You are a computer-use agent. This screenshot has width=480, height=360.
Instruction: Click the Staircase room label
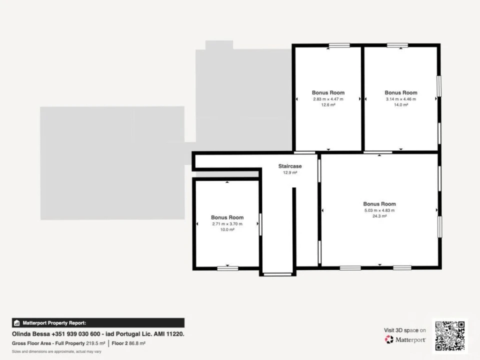[290, 166]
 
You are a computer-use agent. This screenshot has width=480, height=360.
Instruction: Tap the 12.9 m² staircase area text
[290, 172]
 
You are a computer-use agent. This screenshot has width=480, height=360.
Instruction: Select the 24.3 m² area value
[379, 216]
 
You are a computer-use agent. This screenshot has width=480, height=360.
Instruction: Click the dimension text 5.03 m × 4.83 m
[379, 210]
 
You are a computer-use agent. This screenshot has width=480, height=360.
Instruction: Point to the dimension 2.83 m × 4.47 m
[328, 99]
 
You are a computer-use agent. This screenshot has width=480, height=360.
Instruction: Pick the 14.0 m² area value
[400, 104]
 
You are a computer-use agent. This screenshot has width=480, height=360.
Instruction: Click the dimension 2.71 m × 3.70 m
[227, 224]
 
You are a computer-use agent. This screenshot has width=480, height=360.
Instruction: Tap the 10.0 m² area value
[227, 229]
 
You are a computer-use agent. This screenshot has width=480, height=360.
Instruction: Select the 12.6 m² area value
[328, 104]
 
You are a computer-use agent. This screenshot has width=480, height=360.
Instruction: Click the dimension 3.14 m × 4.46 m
[400, 99]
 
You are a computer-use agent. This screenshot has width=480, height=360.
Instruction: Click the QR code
[449, 336]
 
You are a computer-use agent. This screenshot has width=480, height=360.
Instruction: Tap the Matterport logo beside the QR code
[405, 339]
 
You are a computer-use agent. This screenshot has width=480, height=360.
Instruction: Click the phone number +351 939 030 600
[76, 334]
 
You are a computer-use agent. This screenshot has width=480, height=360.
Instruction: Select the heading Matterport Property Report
[54, 323]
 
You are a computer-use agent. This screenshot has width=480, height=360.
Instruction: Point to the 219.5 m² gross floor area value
[95, 343]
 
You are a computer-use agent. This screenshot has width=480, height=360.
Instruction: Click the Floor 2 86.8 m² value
[128, 343]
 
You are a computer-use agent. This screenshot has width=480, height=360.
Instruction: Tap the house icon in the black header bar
[17, 323]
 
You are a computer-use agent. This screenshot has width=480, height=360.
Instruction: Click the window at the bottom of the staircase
[277, 274]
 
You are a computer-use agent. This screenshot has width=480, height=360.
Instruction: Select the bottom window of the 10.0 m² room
[228, 268]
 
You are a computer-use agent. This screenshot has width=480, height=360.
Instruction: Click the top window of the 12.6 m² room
[339, 45]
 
